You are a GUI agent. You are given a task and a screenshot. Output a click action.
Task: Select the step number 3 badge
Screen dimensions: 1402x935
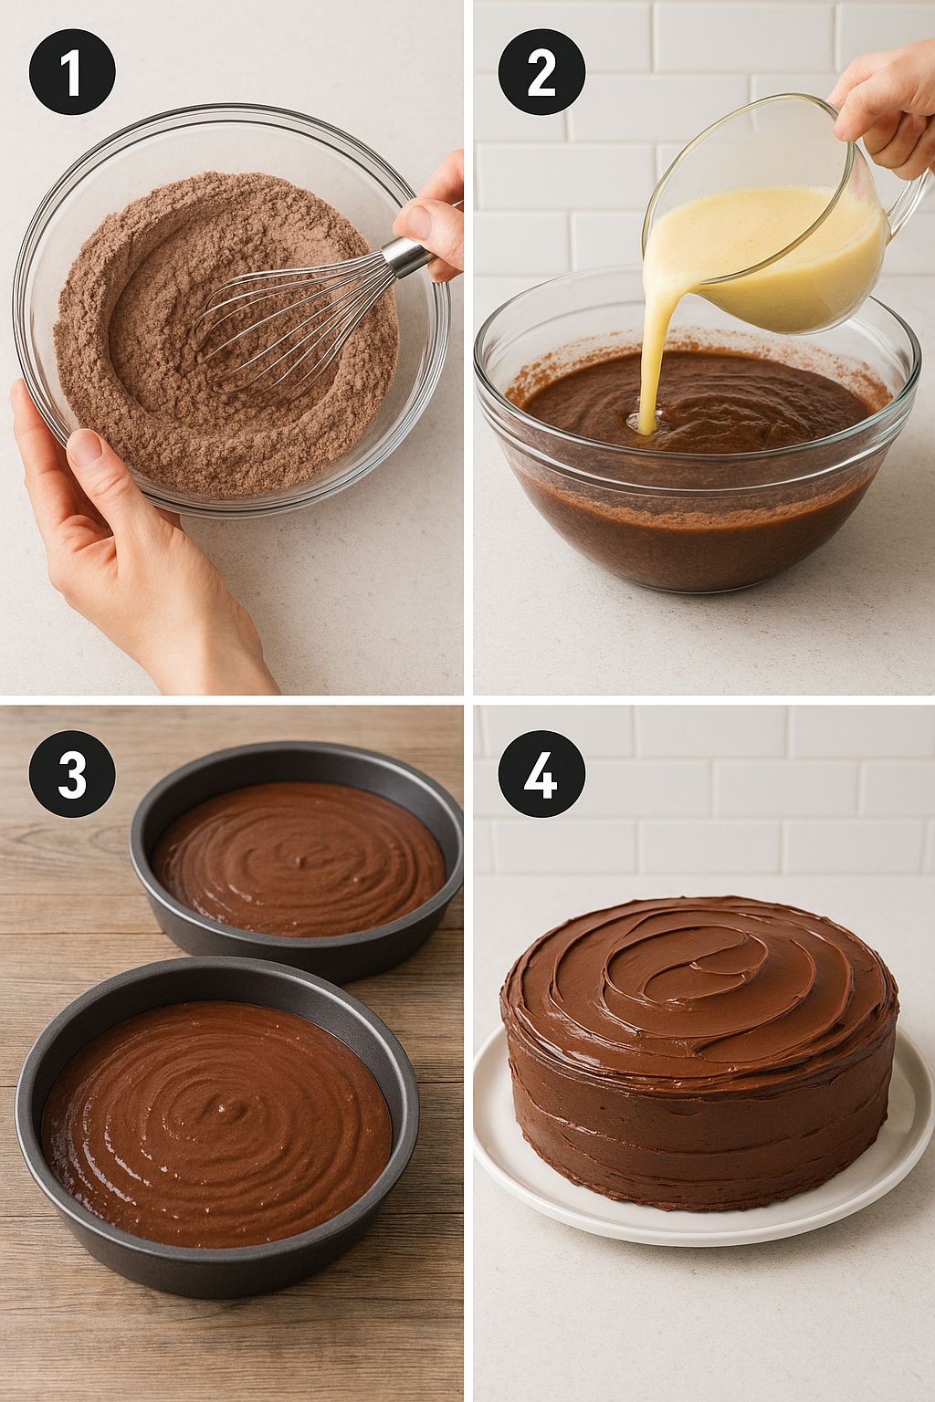[x=72, y=774]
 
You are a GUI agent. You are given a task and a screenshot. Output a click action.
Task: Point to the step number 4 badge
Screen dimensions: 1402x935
[x=541, y=774]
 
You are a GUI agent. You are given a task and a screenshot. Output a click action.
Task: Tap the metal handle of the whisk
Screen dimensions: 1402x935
[x=406, y=256]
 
